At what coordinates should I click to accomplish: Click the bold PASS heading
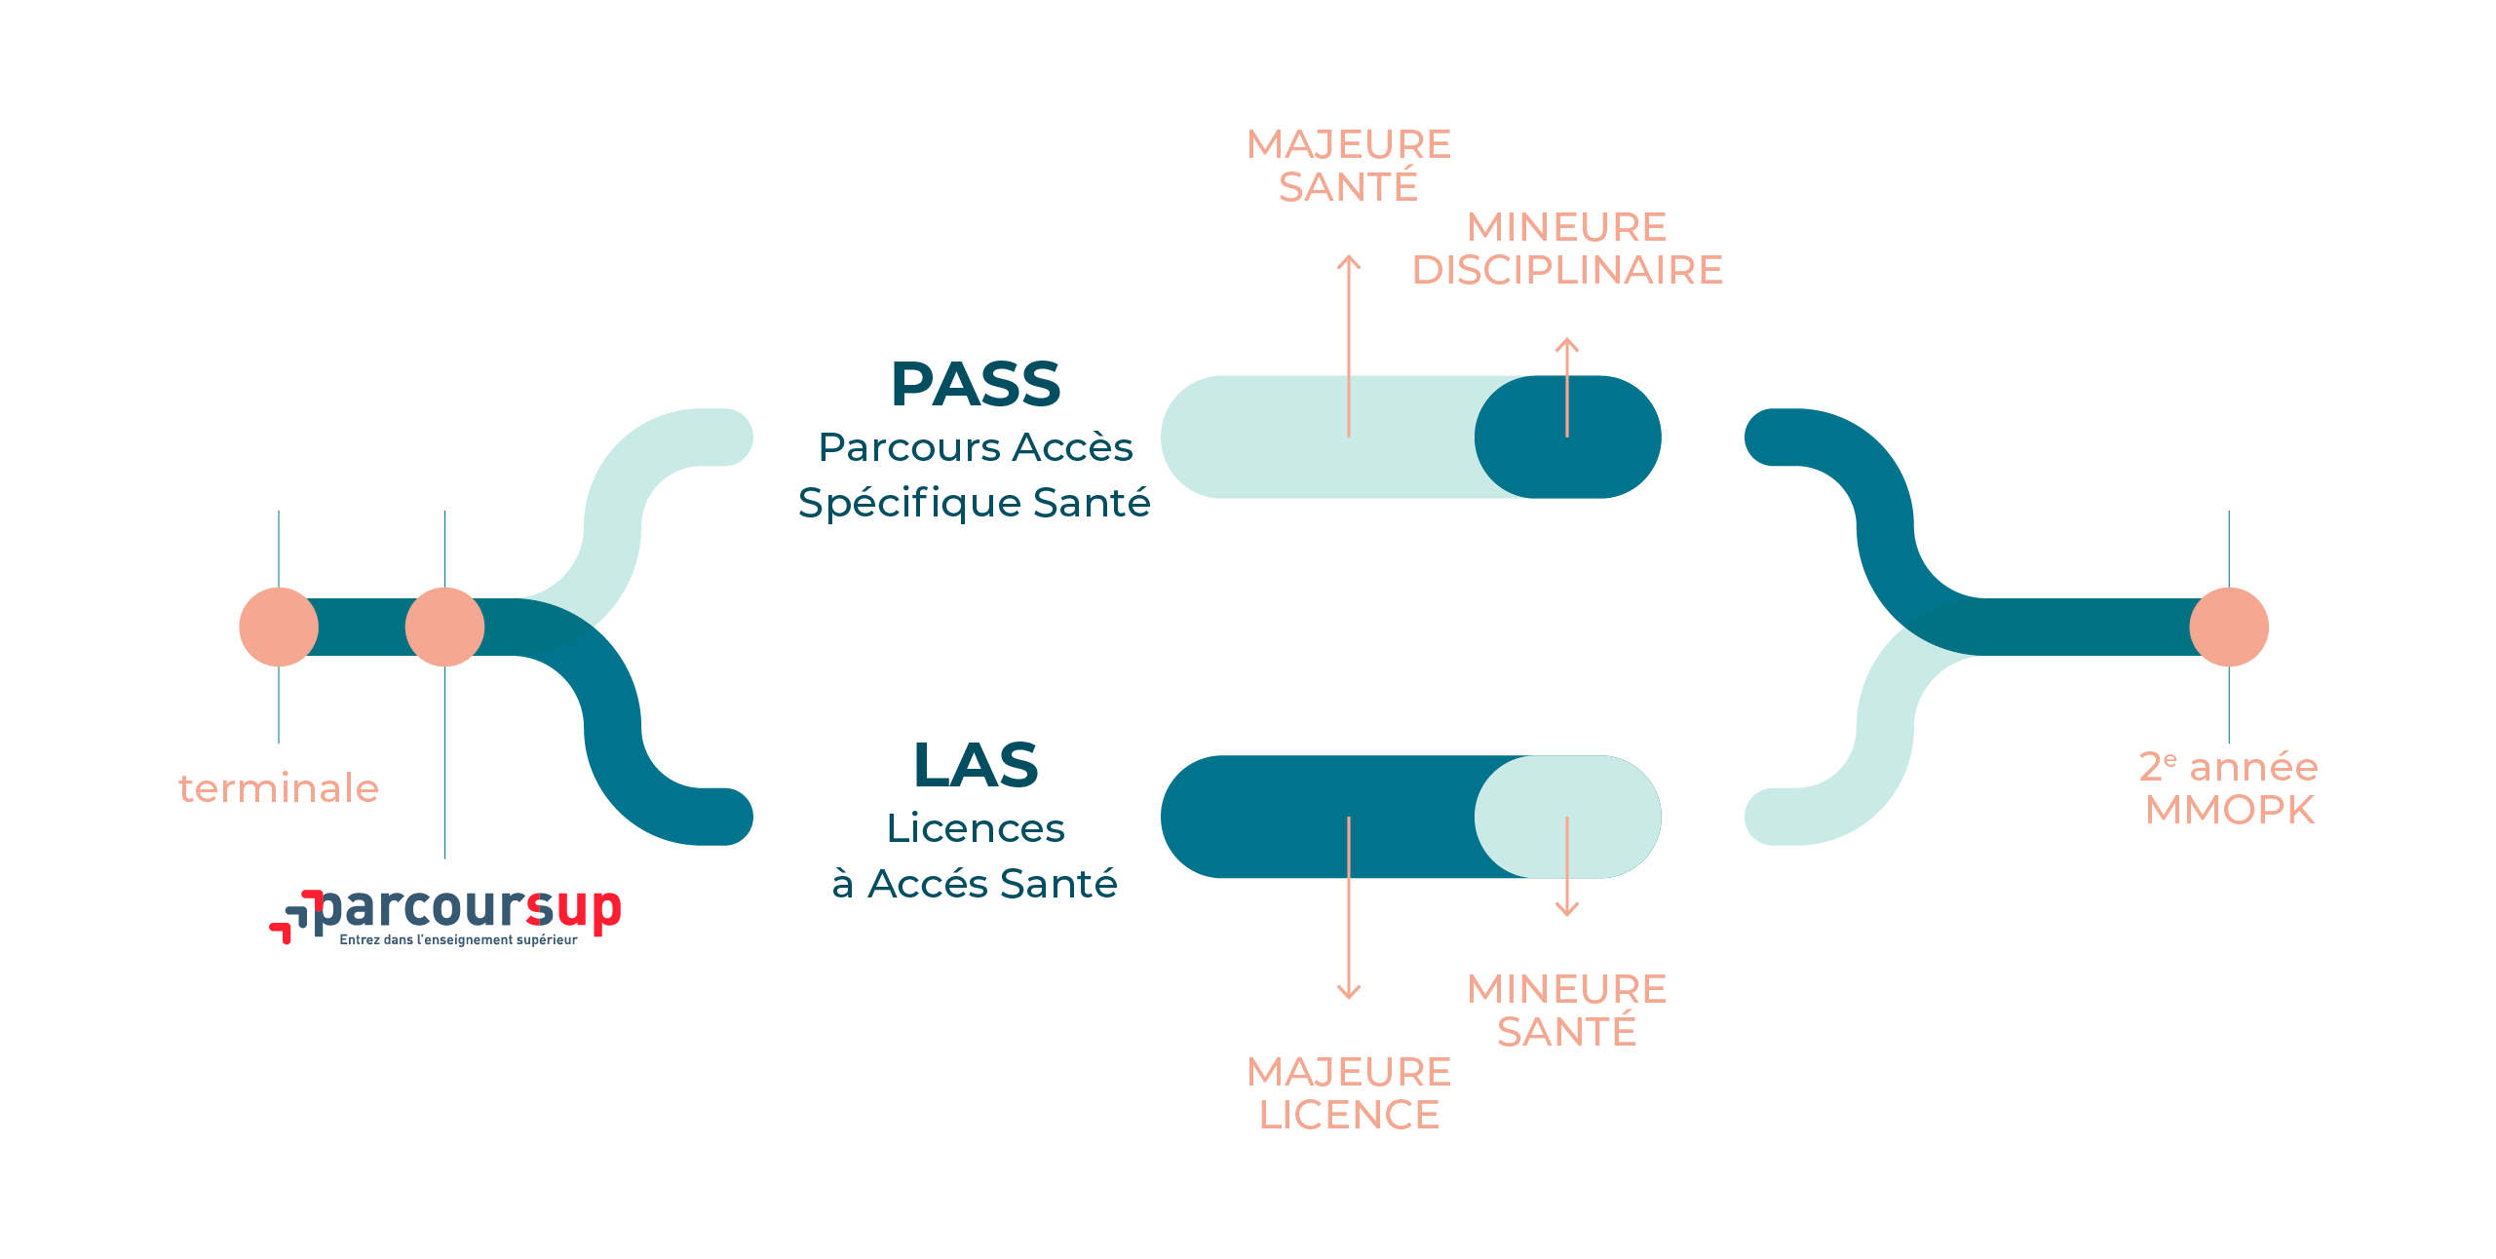tap(976, 385)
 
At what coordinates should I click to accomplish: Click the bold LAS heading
tap(976, 765)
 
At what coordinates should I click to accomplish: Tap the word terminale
tap(279, 788)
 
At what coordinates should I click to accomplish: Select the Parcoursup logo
tap(445, 917)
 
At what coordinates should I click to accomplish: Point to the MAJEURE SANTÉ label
tap(1349, 166)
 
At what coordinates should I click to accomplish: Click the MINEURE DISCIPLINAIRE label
tap(1567, 248)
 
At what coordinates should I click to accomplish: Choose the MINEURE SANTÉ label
tap(1567, 1011)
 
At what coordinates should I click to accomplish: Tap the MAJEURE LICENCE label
tap(1349, 1093)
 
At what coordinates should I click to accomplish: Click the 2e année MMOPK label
tap(2229, 788)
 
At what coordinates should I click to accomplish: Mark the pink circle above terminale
tap(279, 627)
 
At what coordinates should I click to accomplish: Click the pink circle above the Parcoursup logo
tap(444, 627)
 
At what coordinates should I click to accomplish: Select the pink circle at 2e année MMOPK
tap(2229, 627)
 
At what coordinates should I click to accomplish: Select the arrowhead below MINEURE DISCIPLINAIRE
tap(1567, 343)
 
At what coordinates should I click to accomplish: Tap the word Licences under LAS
tap(975, 828)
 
